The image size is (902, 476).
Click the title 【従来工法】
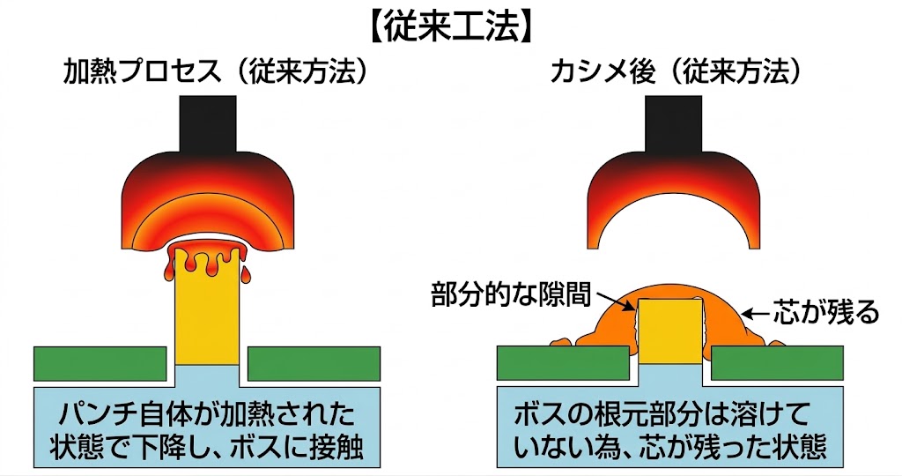coord(450,26)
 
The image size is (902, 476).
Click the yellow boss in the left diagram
coord(208,317)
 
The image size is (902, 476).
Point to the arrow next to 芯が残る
coord(756,312)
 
